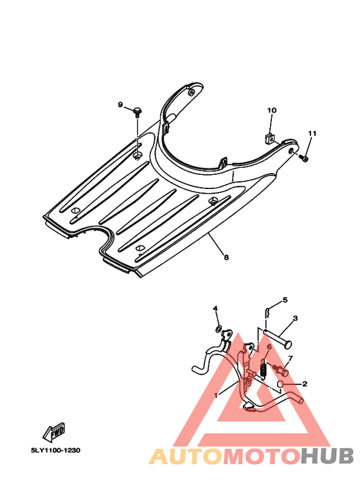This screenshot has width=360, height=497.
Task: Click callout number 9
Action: coord(120,105)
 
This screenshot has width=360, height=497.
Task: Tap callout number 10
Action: coord(271,111)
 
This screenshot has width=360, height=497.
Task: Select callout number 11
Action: coord(312,134)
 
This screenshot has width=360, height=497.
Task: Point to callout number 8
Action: coord(226,257)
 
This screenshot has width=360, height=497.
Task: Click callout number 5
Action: coord(285,300)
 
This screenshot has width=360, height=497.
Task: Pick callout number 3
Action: coord(294,318)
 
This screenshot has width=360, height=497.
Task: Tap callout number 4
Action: coord(215,309)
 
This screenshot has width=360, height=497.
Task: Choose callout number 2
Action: coord(305,384)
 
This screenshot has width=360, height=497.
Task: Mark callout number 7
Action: coord(290,358)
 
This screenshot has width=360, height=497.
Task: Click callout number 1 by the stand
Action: coord(216,395)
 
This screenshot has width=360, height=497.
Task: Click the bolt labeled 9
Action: coord(138,112)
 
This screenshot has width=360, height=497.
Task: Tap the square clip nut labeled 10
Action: coord(270,138)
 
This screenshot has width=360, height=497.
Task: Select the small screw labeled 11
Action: coord(303,158)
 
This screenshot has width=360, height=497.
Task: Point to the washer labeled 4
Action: coord(218,329)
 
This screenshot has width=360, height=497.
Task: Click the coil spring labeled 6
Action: coord(263,368)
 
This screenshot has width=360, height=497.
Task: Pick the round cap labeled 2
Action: coord(280,384)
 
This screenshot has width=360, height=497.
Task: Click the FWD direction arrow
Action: coord(54,432)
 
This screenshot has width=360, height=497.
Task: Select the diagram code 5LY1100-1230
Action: coord(55,450)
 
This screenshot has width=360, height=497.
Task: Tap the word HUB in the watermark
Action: coord(327,456)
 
